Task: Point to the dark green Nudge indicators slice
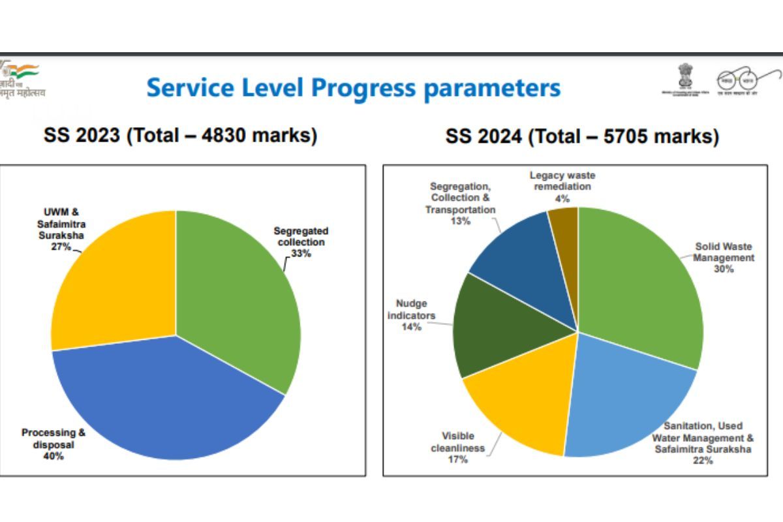[x=496, y=326]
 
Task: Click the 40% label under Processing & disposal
[x=53, y=456]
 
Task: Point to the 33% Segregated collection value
[x=301, y=254]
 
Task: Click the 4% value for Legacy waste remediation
[x=562, y=198]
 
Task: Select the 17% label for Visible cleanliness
[x=457, y=459]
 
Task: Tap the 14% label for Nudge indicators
[x=411, y=326]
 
